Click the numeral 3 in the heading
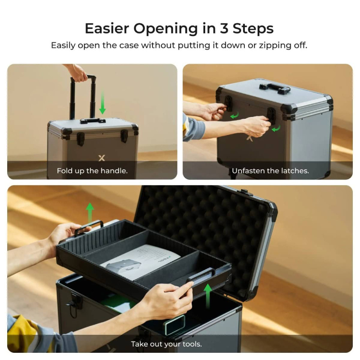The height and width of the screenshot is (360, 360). pos(224,28)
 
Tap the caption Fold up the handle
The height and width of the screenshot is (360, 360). pos(92,171)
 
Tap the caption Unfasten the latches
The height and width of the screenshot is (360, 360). pos(270,171)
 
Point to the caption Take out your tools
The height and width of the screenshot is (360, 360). pos(166,344)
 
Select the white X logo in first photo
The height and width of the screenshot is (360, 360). pos(102,158)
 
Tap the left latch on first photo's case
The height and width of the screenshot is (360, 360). pos(81,139)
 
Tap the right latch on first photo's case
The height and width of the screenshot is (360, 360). pos(124,136)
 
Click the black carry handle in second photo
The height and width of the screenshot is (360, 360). pos(275,88)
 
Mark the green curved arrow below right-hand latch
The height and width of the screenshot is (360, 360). pos(276,128)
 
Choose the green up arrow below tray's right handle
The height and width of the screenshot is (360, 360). pos(207,295)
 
